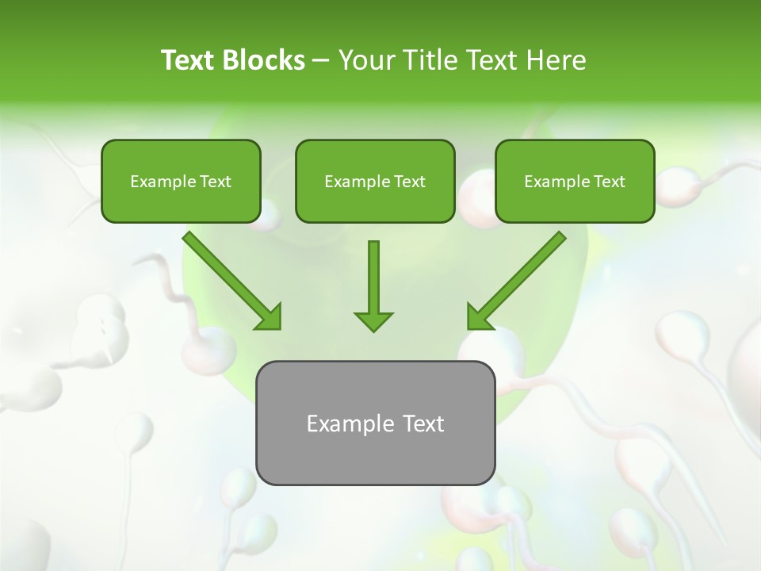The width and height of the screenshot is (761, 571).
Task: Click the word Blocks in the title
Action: click(264, 60)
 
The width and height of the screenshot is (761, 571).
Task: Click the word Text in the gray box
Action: click(423, 423)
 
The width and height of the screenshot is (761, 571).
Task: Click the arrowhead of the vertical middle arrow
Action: click(373, 320)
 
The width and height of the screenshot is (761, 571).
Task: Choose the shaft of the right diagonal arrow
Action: click(527, 270)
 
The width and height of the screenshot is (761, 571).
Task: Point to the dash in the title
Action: click(321, 61)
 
